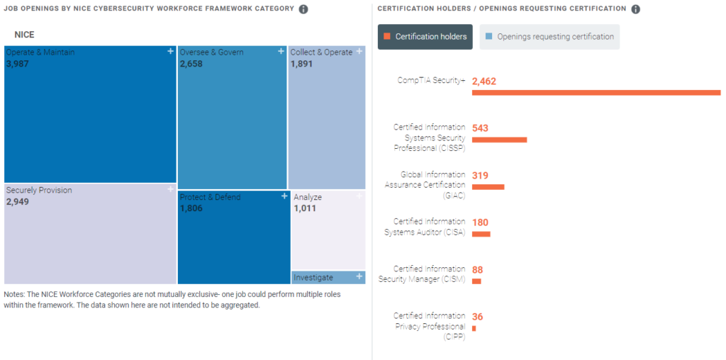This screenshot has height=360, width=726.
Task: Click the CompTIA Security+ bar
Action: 596,92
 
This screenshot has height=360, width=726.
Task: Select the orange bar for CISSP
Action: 499,140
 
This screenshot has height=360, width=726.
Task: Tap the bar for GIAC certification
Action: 488,187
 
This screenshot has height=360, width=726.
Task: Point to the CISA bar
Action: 481,234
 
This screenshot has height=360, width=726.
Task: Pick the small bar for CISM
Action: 476,281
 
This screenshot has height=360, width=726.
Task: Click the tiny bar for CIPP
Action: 474,328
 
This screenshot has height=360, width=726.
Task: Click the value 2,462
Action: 484,81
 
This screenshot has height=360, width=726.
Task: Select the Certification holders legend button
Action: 425,37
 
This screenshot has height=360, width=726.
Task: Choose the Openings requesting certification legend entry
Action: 549,37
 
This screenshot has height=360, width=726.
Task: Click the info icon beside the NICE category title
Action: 303,9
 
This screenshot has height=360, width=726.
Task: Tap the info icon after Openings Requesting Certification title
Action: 635,9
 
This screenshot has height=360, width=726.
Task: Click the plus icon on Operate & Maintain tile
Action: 170,51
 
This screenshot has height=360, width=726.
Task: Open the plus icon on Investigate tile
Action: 359,276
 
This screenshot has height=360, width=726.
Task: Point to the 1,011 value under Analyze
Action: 305,208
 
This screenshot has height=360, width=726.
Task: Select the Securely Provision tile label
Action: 39,191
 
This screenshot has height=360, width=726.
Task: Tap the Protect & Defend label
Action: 210,197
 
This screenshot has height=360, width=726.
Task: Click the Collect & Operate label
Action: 321,52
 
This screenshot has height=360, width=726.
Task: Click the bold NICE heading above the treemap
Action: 24,35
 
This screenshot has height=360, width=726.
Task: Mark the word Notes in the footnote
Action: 14,294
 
